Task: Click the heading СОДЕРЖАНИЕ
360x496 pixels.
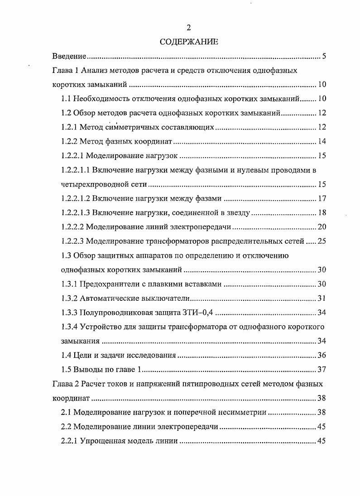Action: click(189, 42)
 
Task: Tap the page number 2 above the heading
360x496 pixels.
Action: click(189, 29)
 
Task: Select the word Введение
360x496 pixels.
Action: click(69, 56)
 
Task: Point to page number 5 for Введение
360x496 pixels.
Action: click(324, 56)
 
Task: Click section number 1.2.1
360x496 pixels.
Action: click(70, 128)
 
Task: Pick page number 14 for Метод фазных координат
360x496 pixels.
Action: click(322, 142)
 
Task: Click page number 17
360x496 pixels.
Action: click(322, 198)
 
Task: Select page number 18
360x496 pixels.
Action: click(322, 213)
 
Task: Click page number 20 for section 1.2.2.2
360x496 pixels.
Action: click(322, 227)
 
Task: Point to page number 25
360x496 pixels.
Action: click(322, 241)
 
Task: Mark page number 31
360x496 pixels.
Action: click(322, 298)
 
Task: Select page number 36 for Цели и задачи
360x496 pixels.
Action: click(322, 355)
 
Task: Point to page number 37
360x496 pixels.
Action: click(322, 369)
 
